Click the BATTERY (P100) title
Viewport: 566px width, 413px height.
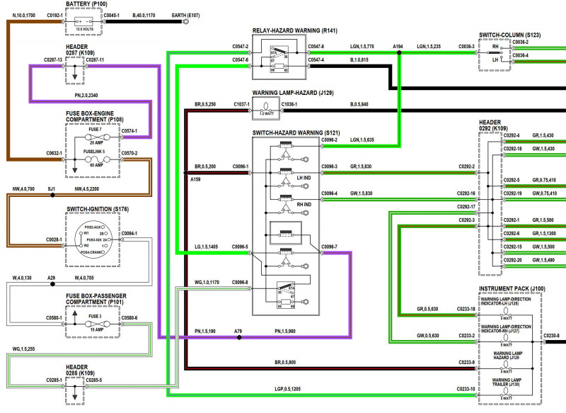[x=87, y=4]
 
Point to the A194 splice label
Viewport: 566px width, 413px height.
[x=398, y=46]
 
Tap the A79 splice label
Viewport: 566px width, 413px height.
[x=238, y=331]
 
